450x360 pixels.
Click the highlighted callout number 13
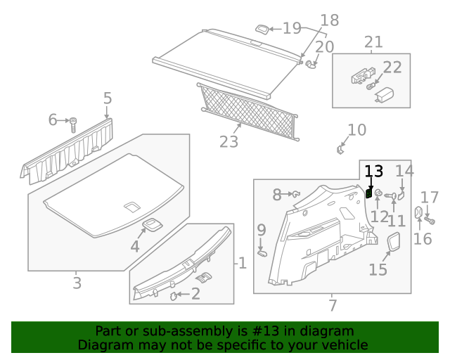pyautogui.click(x=373, y=171)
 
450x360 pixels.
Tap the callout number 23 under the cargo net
pyautogui.click(x=229, y=142)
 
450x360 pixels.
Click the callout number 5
pyautogui.click(x=107, y=98)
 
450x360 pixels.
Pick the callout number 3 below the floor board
pyautogui.click(x=77, y=283)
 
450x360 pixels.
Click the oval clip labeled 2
pyautogui.click(x=174, y=296)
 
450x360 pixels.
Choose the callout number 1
pyautogui.click(x=242, y=264)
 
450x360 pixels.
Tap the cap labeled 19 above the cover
pyautogui.click(x=262, y=30)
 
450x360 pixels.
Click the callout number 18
pyautogui.click(x=329, y=20)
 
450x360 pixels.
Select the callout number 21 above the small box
pyautogui.click(x=373, y=41)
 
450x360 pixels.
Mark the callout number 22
pyautogui.click(x=392, y=67)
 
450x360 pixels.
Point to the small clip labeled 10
pyautogui.click(x=341, y=148)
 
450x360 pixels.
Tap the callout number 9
pyautogui.click(x=262, y=229)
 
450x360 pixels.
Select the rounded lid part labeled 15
pyautogui.click(x=394, y=243)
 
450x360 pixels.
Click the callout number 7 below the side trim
pyautogui.click(x=332, y=305)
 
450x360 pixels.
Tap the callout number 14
pyautogui.click(x=404, y=170)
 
